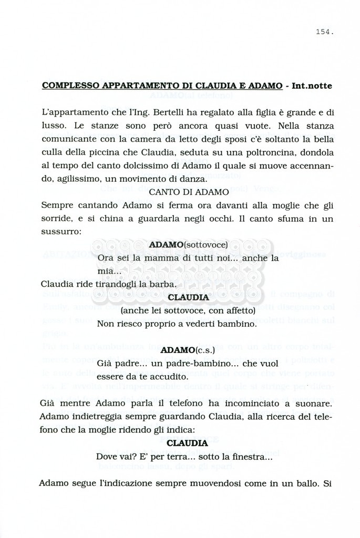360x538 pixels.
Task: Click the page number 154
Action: (325, 32)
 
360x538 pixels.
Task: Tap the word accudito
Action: (155, 377)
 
